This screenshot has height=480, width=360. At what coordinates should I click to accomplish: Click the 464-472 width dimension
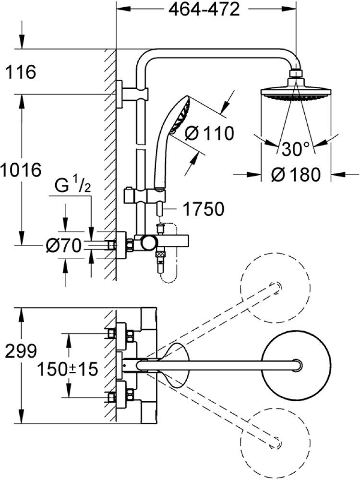click(x=204, y=10)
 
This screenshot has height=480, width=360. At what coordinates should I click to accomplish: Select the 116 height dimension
click(x=21, y=72)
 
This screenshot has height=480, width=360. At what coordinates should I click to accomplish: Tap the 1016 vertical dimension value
click(x=21, y=170)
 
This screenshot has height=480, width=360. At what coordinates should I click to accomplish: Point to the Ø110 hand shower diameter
click(x=209, y=133)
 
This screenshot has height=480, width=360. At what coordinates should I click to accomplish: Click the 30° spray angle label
click(x=296, y=149)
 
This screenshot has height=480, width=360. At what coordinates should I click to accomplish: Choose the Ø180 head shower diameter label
click(x=296, y=175)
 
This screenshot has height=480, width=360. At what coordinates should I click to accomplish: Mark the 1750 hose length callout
click(x=204, y=209)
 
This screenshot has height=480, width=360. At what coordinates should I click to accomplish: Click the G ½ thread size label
click(x=73, y=186)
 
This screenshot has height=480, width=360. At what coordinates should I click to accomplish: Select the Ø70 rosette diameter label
click(x=64, y=246)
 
